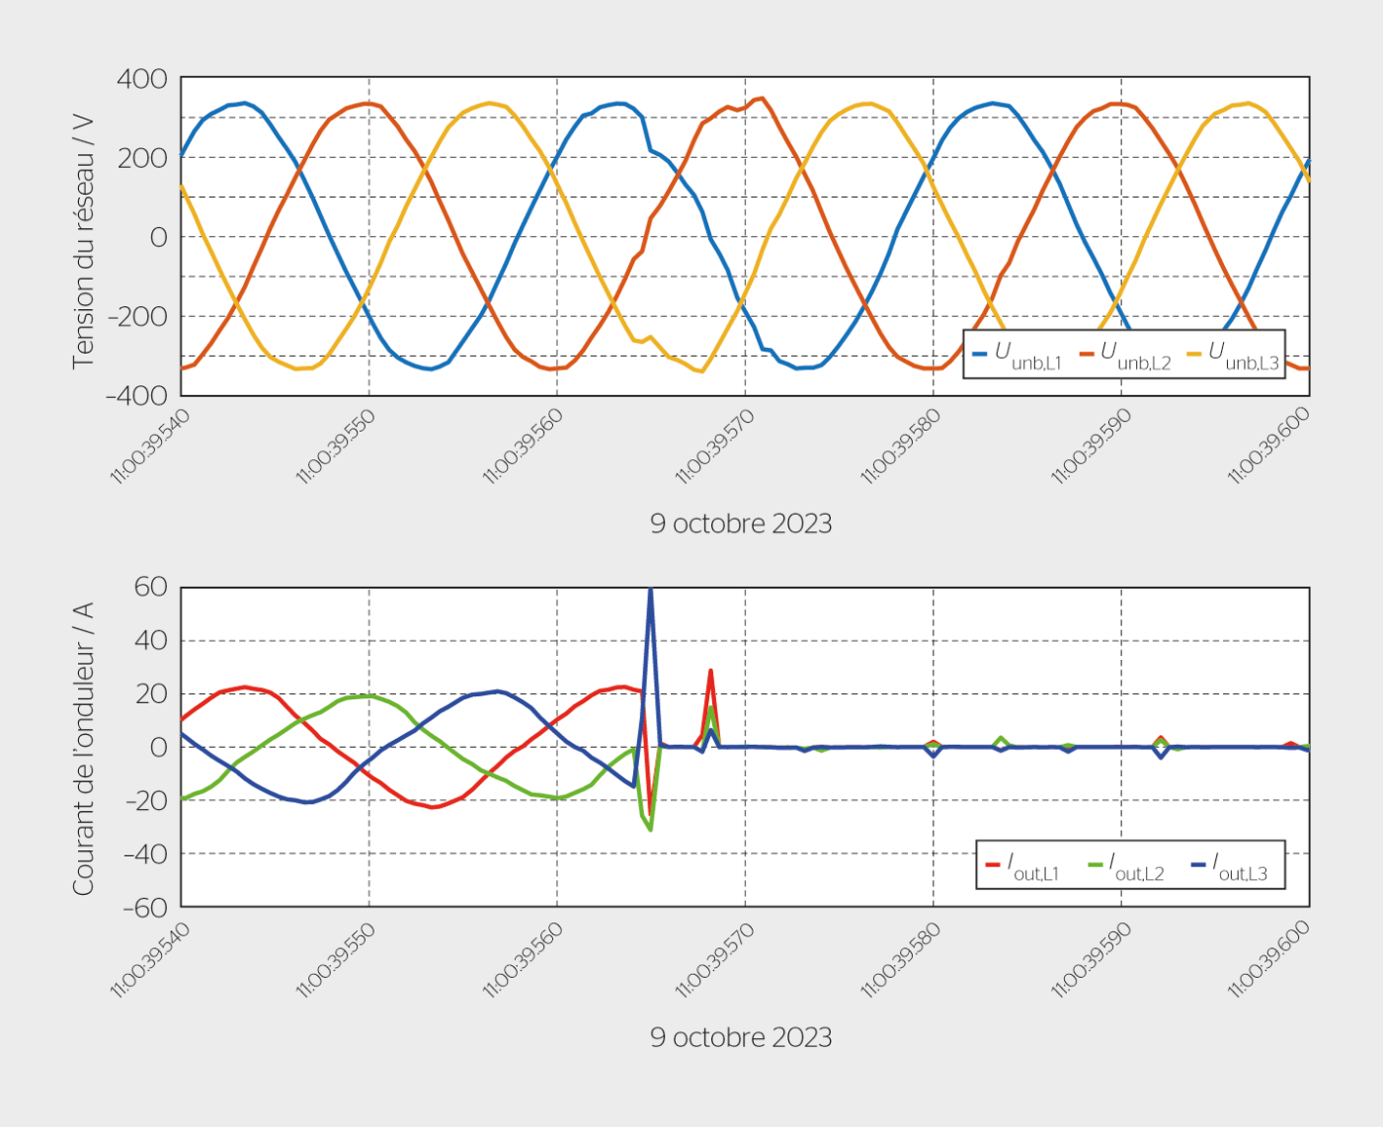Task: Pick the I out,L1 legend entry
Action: pyautogui.click(x=1022, y=867)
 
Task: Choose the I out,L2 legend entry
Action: pyautogui.click(x=1126, y=867)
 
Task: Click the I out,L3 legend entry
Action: pyautogui.click(x=1230, y=867)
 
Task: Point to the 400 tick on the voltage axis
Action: pyautogui.click(x=142, y=79)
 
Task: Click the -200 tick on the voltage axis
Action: pyautogui.click(x=137, y=317)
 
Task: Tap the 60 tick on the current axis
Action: pyautogui.click(x=150, y=587)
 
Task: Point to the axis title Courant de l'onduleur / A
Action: pyautogui.click(x=83, y=748)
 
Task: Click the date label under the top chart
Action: pyautogui.click(x=741, y=523)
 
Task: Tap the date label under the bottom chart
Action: pyautogui.click(x=741, y=1037)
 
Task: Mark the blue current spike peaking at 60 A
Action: pyautogui.click(x=650, y=593)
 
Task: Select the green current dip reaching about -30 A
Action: pyautogui.click(x=650, y=828)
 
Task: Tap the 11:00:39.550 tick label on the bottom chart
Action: pyautogui.click(x=336, y=960)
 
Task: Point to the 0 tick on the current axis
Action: pyautogui.click(x=158, y=748)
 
